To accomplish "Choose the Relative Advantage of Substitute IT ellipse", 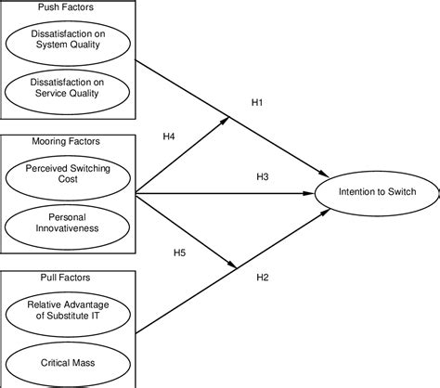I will pyautogui.click(x=68, y=311).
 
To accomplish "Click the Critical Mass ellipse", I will pyautogui.click(x=68, y=360).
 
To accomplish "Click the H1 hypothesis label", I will pyautogui.click(x=259, y=103).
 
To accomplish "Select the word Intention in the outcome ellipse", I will pyautogui.click(x=357, y=193).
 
